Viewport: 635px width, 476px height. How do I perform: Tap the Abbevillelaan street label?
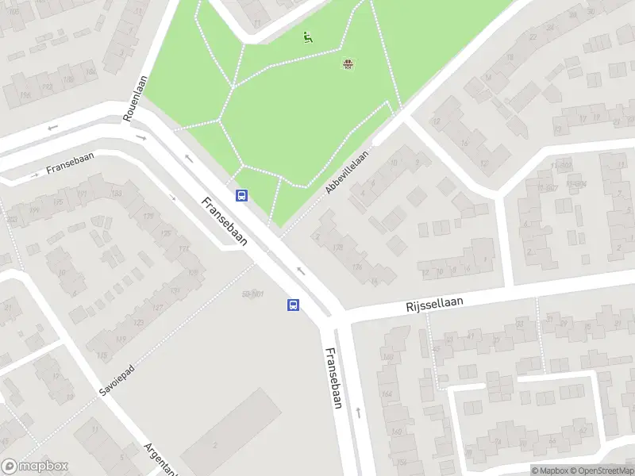[347, 172]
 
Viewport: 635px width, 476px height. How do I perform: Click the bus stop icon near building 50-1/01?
[293, 305]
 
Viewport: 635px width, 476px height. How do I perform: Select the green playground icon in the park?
[307, 36]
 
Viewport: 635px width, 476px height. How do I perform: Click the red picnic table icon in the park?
[348, 63]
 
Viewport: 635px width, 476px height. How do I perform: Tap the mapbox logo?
[35, 466]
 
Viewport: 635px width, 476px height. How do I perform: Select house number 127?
[135, 308]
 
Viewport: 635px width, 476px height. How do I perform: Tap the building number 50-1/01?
[252, 294]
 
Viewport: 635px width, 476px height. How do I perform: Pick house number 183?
[117, 194]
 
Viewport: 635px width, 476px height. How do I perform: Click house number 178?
[358, 267]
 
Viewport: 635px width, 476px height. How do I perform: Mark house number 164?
[387, 393]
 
